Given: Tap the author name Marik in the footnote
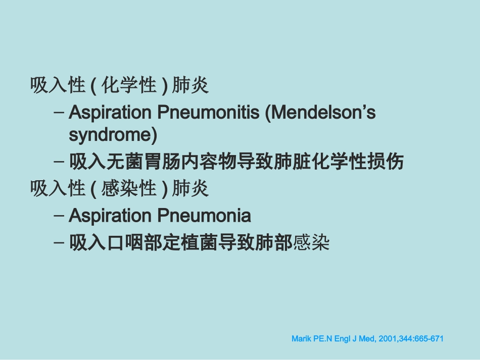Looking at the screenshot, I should [302, 339].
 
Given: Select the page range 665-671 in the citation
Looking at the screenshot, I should [429, 339].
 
